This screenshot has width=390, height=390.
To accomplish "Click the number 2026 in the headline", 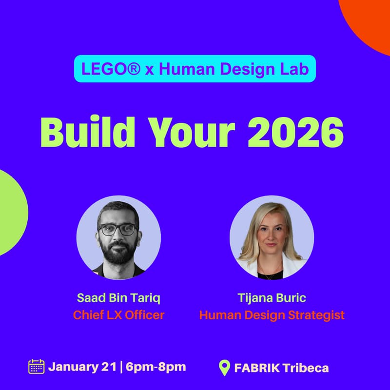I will (x=296, y=132).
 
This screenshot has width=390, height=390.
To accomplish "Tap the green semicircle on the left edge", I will (x=11, y=212).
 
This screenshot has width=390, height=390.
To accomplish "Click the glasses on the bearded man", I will (x=117, y=229).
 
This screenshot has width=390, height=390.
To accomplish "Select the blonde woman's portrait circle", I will (x=272, y=237).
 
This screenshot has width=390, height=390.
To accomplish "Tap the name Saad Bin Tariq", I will (x=118, y=298).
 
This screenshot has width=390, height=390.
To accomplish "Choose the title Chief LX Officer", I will (x=118, y=315).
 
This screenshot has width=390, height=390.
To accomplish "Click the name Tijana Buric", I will (x=272, y=298).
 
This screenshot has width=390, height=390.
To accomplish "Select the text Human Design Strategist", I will (x=272, y=315).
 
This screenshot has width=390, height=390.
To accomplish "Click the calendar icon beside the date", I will (x=37, y=367).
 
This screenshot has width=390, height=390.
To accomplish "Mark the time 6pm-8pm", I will (x=156, y=367).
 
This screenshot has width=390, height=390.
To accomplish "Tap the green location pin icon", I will (x=225, y=368).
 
